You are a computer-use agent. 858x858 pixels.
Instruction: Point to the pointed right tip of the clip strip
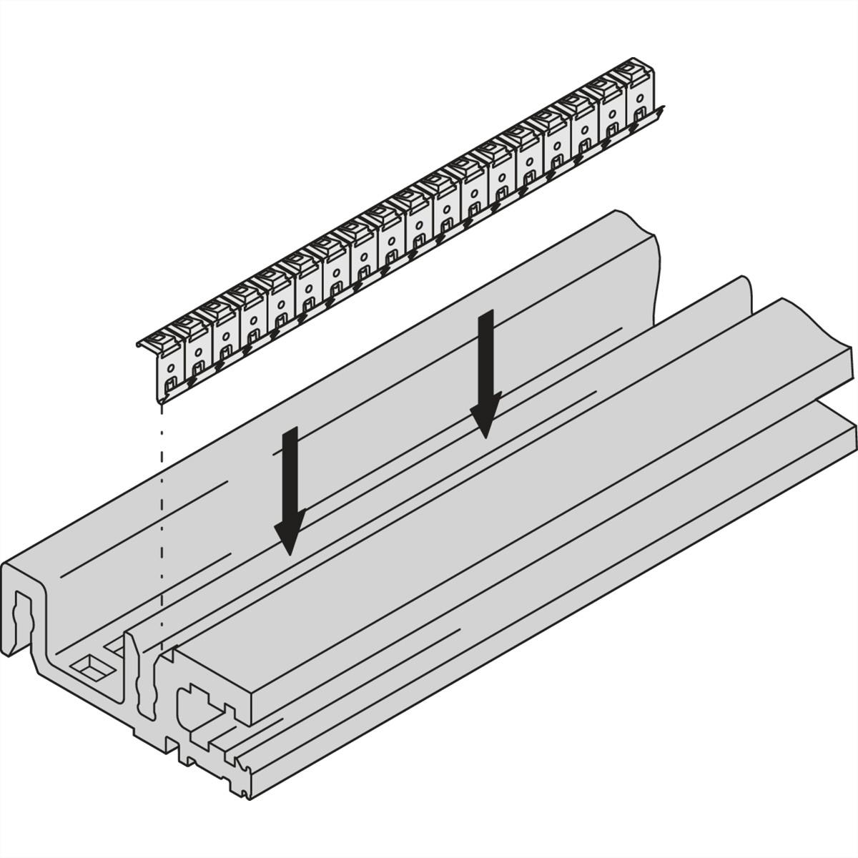pos(664,109)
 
